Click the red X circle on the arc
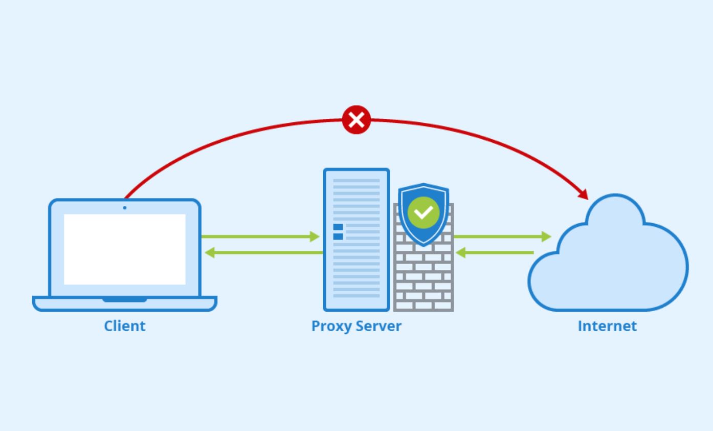coord(356,120)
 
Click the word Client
coord(125,326)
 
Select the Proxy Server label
coord(356,326)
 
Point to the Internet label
coord(607,326)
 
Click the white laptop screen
coord(124,249)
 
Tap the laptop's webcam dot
coord(124,208)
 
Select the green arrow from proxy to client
coord(263,252)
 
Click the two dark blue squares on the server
coord(338,231)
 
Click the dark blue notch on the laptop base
coord(125,299)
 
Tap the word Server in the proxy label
coord(379,326)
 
